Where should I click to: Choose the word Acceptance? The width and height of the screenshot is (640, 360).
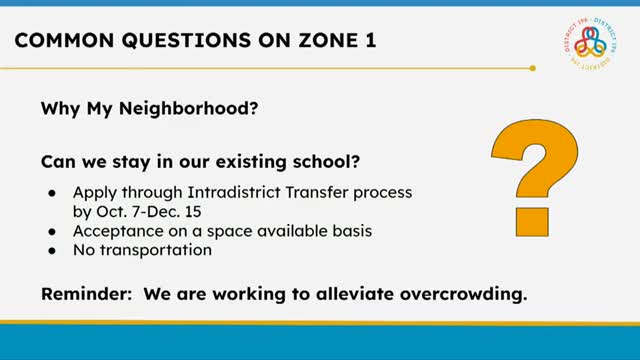pyautogui.click(x=115, y=231)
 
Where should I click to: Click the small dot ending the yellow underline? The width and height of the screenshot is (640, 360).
pyautogui.click(x=533, y=68)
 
